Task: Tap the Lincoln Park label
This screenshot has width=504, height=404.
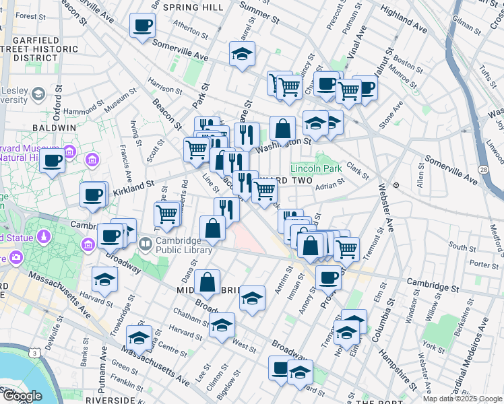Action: click(316, 168)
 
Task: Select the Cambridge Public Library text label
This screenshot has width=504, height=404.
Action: click(184, 244)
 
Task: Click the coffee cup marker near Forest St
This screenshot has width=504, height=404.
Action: click(142, 26)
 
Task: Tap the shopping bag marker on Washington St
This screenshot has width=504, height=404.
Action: click(284, 128)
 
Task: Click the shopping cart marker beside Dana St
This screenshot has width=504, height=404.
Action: click(166, 215)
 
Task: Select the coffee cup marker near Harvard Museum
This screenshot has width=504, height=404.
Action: click(53, 161)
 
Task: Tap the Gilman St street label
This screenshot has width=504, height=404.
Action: click(466, 24)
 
